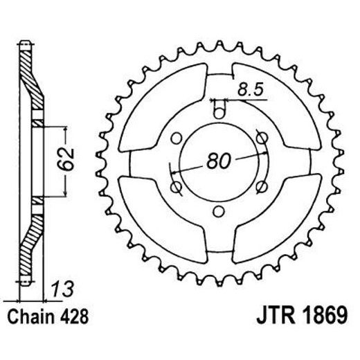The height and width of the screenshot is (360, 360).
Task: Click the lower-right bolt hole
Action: point(262,186)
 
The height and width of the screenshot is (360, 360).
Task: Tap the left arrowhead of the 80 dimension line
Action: point(181,171)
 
